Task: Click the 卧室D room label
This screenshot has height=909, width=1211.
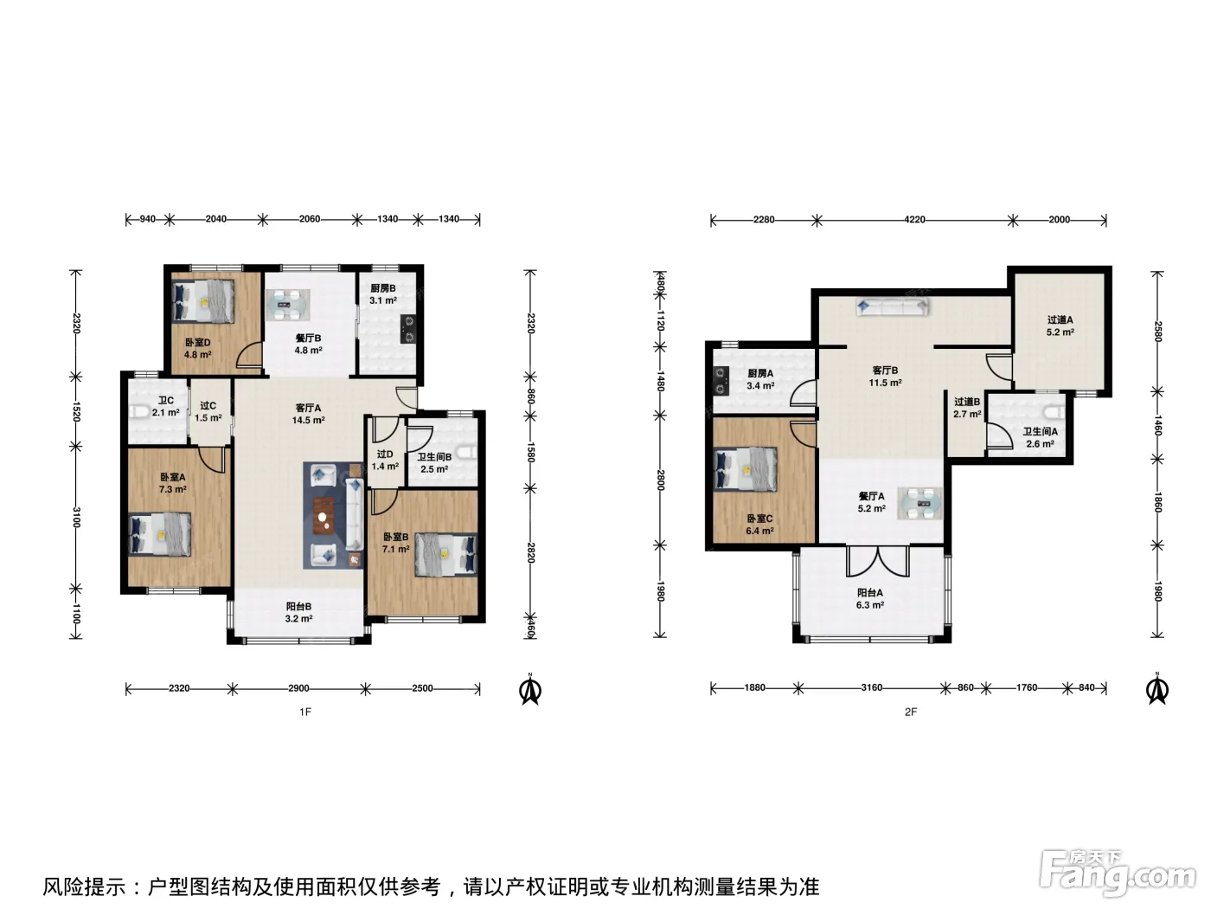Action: tap(197, 342)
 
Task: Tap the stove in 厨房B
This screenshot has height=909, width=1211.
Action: tap(409, 329)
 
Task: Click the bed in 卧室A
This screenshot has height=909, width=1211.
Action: tap(160, 534)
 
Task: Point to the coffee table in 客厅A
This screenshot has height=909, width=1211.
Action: tap(324, 516)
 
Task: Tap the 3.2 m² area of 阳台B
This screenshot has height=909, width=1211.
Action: tap(298, 619)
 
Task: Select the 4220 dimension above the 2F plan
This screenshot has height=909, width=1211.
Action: tap(914, 220)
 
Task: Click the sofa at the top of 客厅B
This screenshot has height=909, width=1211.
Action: tap(892, 306)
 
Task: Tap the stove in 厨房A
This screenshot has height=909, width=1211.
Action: tap(721, 381)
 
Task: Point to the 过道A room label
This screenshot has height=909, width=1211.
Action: tap(1060, 319)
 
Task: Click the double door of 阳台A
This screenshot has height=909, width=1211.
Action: tap(877, 561)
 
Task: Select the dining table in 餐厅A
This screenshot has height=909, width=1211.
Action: tap(919, 503)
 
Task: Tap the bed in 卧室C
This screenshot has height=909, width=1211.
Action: tap(746, 468)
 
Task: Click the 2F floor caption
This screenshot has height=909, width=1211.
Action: tap(910, 712)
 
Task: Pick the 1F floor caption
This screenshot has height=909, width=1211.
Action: tap(305, 712)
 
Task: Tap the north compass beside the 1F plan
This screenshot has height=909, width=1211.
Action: tap(530, 689)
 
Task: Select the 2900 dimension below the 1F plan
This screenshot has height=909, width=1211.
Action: tap(298, 688)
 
